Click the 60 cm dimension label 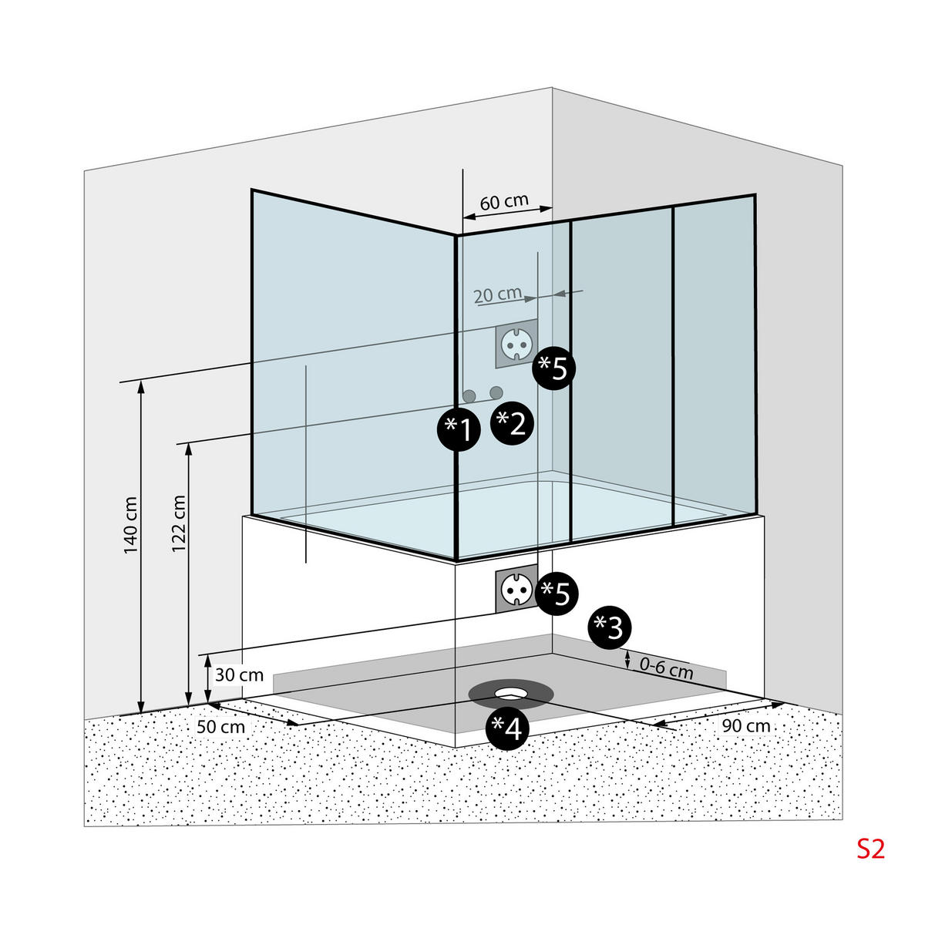coord(504,202)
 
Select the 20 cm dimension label coord(497,294)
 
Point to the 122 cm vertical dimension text coord(179,524)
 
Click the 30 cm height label coord(239,675)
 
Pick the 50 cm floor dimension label coord(220,726)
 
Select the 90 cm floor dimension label coord(745,726)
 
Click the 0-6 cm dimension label coord(666,668)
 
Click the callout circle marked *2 coord(512,423)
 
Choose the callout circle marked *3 coord(610,628)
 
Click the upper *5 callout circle coord(555,368)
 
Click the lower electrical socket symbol coord(514,590)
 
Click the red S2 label coord(871,849)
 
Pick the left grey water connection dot coord(469,396)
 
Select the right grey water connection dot coord(496,392)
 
